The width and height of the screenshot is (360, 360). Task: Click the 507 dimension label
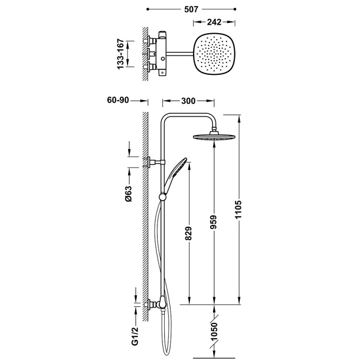191,9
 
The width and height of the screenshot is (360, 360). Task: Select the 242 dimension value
216,21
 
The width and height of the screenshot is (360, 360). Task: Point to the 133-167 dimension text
124,54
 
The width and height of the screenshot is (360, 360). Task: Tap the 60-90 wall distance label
118,101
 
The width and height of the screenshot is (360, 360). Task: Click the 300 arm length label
188,101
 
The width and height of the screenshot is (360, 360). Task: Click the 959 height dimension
214,223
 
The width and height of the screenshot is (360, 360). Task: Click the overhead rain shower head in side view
214,137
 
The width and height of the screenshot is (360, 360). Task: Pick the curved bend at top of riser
168,118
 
